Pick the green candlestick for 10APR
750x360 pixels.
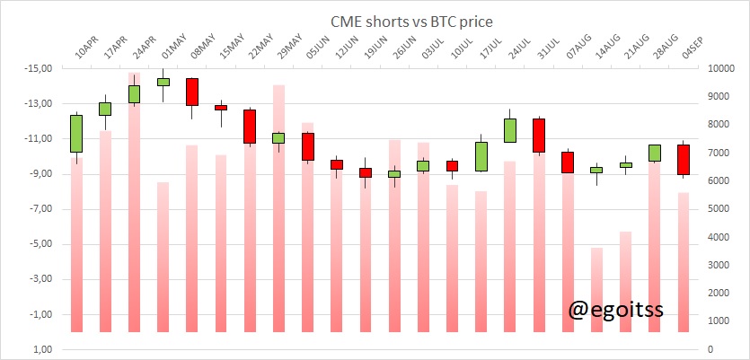point(76,133)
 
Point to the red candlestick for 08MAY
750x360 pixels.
point(191,92)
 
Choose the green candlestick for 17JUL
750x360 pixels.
point(481,156)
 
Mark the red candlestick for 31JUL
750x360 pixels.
point(539,135)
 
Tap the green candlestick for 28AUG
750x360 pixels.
point(655,153)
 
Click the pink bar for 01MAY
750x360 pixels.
point(163,257)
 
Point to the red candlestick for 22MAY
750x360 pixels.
point(250,127)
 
